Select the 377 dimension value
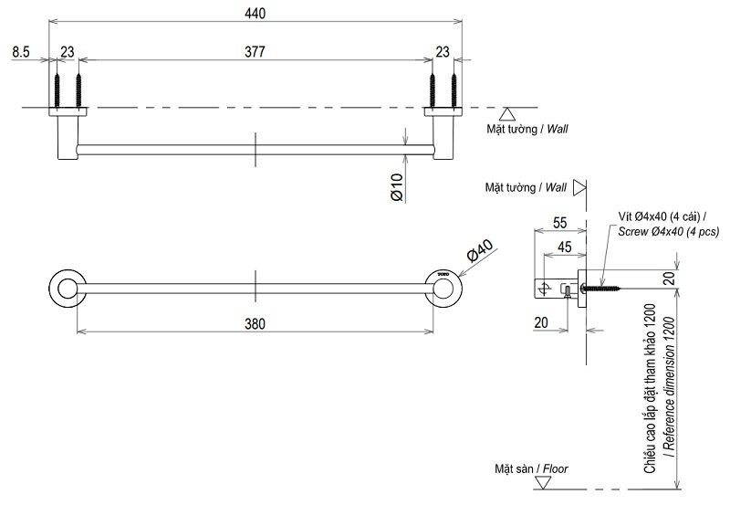255,53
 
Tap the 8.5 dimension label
21,53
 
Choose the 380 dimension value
255,321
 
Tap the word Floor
555,468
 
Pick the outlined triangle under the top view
509,114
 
